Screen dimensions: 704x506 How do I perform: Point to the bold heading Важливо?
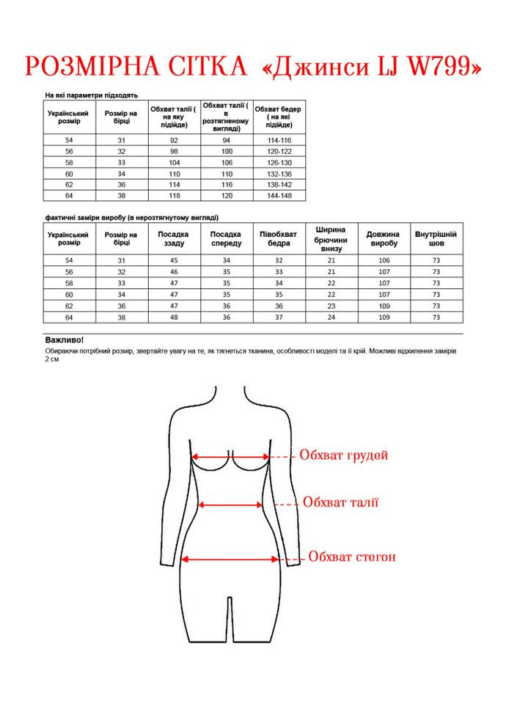65,340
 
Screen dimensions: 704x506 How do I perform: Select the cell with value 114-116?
279,139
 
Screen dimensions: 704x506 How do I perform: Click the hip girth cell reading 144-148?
279,196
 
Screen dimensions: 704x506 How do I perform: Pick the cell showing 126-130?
279,162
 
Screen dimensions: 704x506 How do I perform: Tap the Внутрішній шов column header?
436,238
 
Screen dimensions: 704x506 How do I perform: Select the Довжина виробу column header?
383,238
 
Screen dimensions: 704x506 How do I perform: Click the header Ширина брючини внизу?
331,238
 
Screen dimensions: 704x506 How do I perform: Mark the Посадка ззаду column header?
174,238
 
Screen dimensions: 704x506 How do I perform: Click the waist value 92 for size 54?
174,139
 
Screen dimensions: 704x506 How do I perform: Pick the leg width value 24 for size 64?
331,317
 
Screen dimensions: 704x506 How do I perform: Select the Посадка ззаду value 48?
174,317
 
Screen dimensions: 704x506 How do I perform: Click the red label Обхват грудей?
343,455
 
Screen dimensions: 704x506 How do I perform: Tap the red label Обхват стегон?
352,557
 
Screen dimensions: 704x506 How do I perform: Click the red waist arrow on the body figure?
231,505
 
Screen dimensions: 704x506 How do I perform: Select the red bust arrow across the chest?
230,456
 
